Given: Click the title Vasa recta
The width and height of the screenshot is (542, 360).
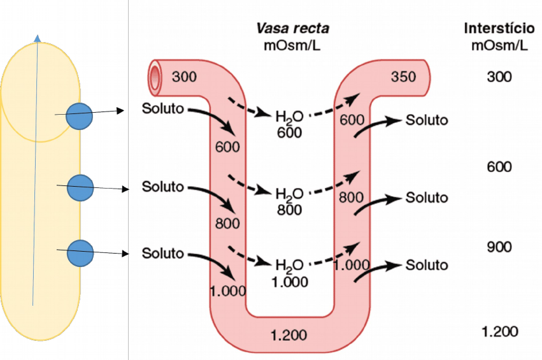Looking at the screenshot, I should [292, 29].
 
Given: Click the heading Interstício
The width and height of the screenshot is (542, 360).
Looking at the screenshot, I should [499, 29].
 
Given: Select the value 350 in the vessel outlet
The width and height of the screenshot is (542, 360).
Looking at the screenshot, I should [403, 77].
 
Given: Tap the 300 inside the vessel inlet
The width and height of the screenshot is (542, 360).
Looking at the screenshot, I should [185, 77].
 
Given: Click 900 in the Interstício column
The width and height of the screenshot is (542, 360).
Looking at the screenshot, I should [499, 247].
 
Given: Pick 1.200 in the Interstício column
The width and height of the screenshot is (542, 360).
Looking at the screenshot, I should [499, 331].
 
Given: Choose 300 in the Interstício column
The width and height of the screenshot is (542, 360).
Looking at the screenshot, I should [499, 77].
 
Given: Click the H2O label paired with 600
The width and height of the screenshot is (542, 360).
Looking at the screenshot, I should [289, 117].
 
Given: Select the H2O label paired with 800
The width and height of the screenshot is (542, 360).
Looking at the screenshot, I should [289, 193].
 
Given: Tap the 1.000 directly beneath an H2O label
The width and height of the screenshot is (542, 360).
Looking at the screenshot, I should [289, 282].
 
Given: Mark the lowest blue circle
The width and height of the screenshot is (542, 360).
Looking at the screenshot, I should [80, 253].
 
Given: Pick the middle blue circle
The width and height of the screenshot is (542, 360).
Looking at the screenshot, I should [80, 187].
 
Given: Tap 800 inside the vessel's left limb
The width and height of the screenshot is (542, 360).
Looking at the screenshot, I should [227, 224].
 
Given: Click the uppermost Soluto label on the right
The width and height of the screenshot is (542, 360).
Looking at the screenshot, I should [427, 120].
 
